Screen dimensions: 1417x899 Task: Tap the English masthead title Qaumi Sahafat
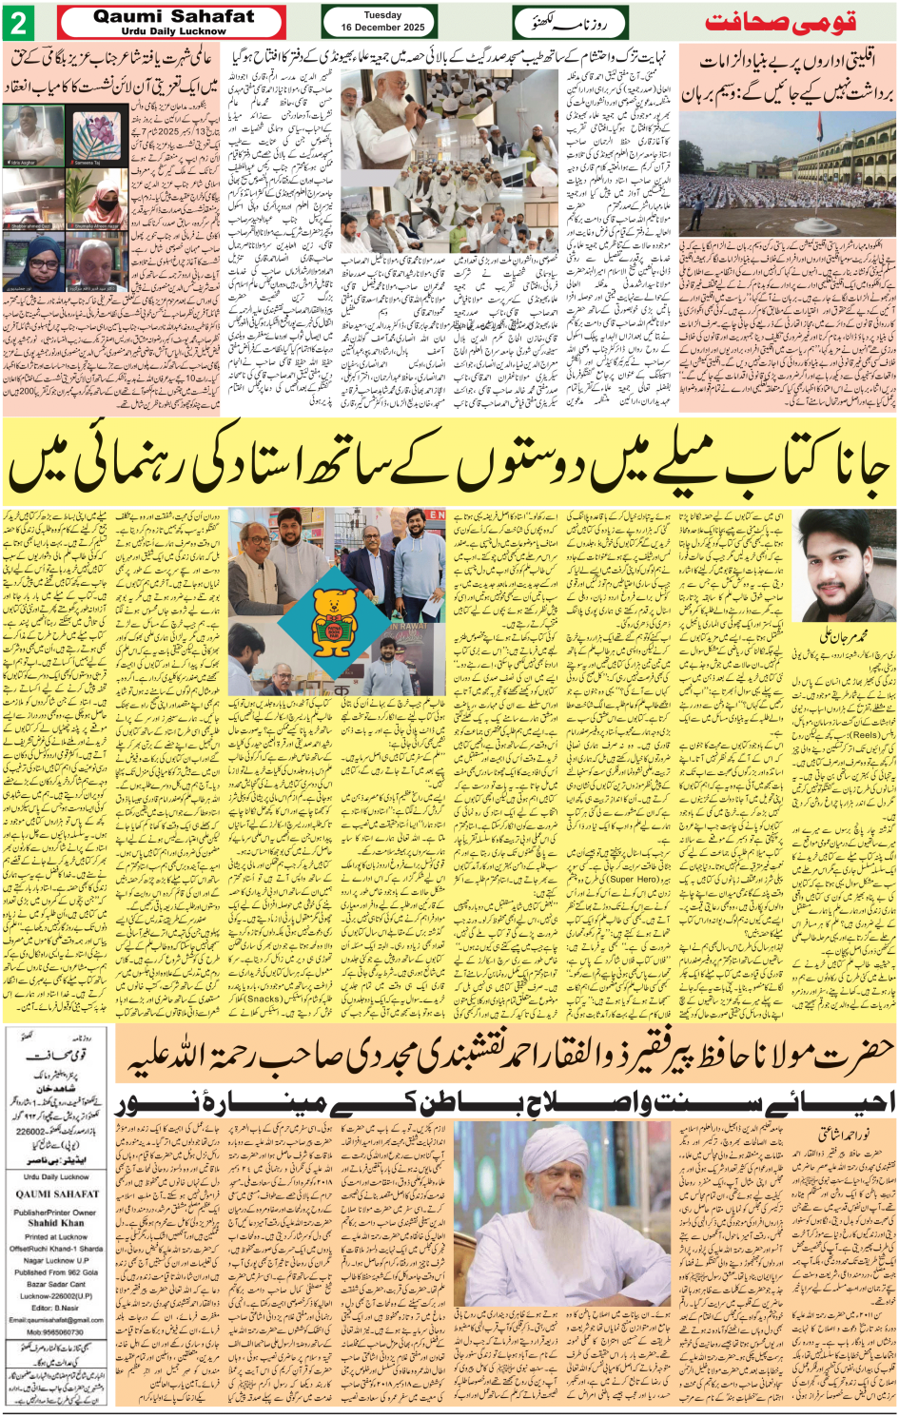point(173,16)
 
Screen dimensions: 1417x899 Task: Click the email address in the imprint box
point(56,1319)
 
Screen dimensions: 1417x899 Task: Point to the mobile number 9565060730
point(56,1331)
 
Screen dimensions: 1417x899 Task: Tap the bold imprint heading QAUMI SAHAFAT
point(56,1194)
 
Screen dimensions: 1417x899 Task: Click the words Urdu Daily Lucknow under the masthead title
point(173,31)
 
